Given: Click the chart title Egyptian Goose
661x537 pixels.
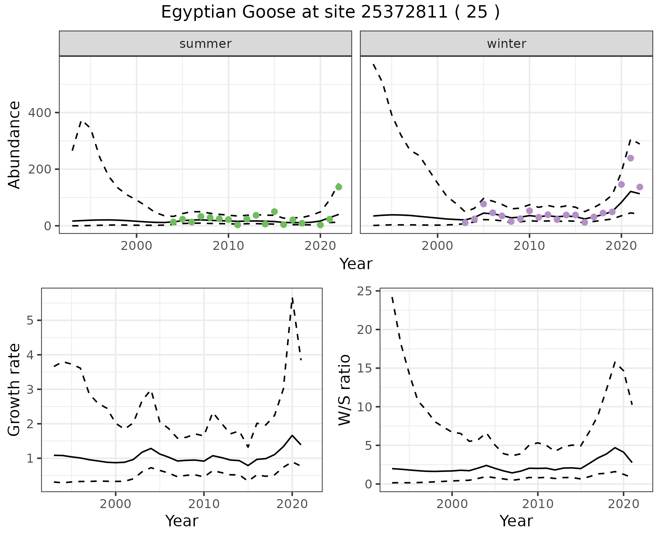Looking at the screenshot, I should (x=330, y=12).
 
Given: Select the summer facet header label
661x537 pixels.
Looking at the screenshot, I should (x=206, y=44).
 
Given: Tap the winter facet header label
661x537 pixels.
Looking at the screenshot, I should (x=506, y=44).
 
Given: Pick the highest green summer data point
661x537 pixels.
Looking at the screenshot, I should (x=338, y=187).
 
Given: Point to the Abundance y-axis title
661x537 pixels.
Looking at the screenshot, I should (x=14, y=145).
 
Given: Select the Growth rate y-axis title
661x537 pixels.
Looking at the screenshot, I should (x=14, y=390).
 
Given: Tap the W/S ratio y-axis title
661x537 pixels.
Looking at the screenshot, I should (x=344, y=390).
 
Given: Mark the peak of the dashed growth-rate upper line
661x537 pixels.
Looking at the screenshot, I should (x=292, y=297).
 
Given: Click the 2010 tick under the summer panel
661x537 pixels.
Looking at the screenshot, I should (x=228, y=246).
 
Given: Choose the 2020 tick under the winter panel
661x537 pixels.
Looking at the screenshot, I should (x=621, y=246).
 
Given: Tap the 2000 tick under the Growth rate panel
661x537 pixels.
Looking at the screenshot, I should (x=116, y=504).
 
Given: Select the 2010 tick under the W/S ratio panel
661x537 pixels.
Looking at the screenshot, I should (x=537, y=504).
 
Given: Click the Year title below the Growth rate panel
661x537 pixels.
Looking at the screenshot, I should (x=182, y=521).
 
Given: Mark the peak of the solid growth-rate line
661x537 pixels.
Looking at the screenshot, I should (x=292, y=435).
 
